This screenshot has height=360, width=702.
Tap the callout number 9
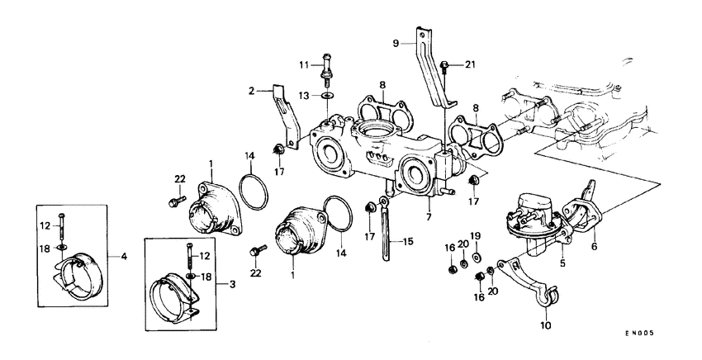395,41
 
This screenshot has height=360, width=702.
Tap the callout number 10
546,325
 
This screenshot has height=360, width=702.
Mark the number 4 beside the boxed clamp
124,257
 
